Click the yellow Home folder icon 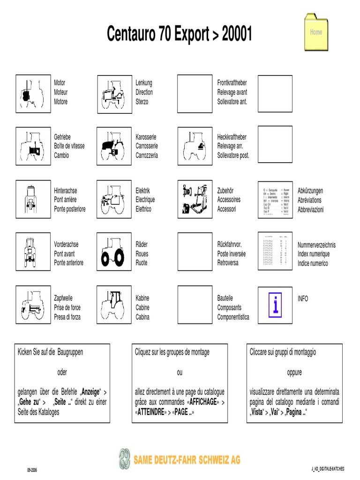click(x=316, y=32)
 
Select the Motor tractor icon click(x=33, y=94)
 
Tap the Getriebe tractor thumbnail click(x=33, y=146)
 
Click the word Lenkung click(x=144, y=83)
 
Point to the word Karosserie click(x=147, y=137)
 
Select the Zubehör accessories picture click(x=195, y=200)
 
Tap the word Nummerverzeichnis click(x=316, y=245)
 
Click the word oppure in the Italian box click(x=294, y=373)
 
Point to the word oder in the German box click(x=62, y=373)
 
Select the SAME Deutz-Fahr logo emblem click(x=125, y=459)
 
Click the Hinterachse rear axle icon click(x=33, y=200)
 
